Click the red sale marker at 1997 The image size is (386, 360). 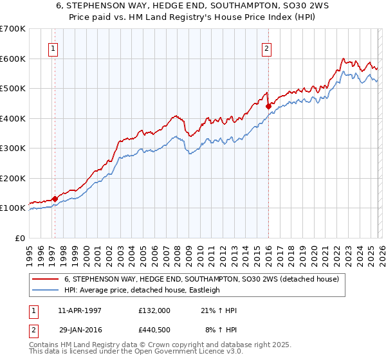(x=55, y=199)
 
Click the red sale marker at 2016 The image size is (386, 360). (x=268, y=107)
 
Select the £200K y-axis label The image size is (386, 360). (x=14, y=178)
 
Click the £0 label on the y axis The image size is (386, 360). (x=20, y=238)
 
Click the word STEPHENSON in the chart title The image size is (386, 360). (x=118, y=6)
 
